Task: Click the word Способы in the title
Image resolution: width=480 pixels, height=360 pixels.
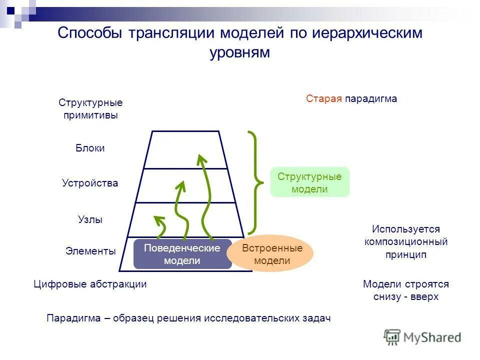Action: coord(91,33)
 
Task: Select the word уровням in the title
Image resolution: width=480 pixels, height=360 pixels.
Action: coord(240,52)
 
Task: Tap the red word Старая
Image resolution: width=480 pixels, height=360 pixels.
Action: coord(324,98)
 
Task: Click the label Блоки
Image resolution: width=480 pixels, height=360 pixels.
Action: coord(90,148)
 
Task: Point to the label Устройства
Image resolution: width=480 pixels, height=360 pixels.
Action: coord(90,183)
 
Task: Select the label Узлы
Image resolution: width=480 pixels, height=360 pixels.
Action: coord(90,219)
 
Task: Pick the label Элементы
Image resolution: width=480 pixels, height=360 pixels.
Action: coord(90,251)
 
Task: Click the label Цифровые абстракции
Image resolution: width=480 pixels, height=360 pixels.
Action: coord(90,284)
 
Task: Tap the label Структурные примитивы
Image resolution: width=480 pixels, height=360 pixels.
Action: coord(90,108)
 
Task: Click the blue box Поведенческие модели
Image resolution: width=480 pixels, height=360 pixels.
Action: coord(182,254)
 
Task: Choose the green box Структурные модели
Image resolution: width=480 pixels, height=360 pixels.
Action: coord(309,182)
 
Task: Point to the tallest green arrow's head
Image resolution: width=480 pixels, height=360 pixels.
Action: coord(201,159)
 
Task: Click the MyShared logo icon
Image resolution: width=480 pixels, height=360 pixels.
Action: coord(392,337)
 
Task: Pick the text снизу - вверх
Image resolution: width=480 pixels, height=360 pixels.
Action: coord(405,296)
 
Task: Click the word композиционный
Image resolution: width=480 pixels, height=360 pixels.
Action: coord(405,242)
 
